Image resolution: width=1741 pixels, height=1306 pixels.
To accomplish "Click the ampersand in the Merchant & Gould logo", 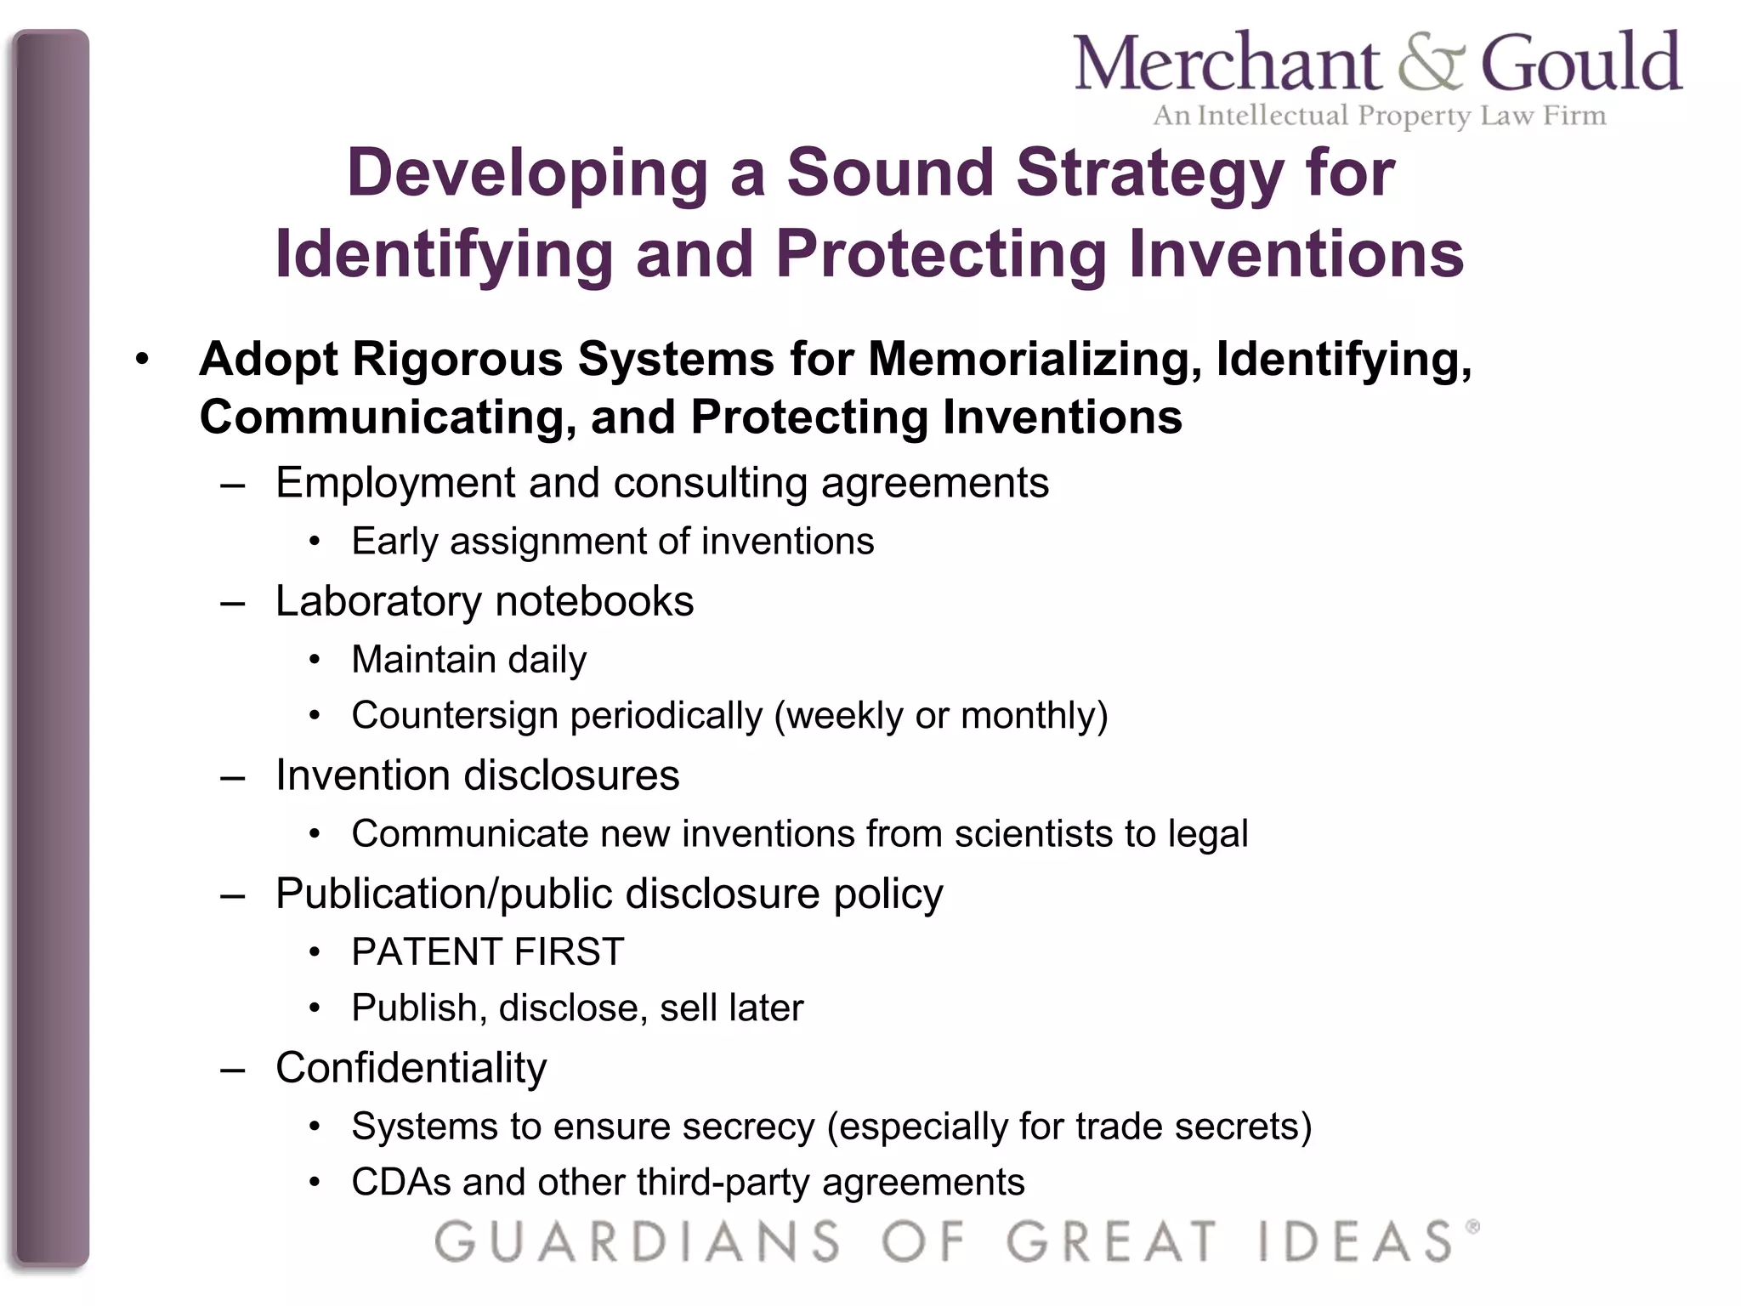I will point(1431,63).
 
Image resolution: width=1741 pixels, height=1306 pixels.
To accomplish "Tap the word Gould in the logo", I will point(1580,63).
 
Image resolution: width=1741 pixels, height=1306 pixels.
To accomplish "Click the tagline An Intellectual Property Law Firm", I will point(1379,115).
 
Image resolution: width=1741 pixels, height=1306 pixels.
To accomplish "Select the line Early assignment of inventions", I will point(612,542).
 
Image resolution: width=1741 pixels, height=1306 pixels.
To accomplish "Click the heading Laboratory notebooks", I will point(485,601).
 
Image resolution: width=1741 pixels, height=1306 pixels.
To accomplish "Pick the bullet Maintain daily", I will point(468,660).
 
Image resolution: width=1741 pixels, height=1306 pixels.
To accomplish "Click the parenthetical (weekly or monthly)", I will point(940,716).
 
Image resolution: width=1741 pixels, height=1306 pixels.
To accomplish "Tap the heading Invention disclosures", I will point(477,775).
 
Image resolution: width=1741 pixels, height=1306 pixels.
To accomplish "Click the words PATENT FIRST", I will point(488,952).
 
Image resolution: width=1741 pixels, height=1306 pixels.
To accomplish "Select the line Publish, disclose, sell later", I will point(577,1008).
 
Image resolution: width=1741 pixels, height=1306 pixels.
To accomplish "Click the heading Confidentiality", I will point(411,1068).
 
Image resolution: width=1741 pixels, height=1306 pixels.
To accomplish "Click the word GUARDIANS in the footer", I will point(638,1241).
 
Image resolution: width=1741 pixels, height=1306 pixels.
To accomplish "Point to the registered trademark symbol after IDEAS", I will point(1472,1227).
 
